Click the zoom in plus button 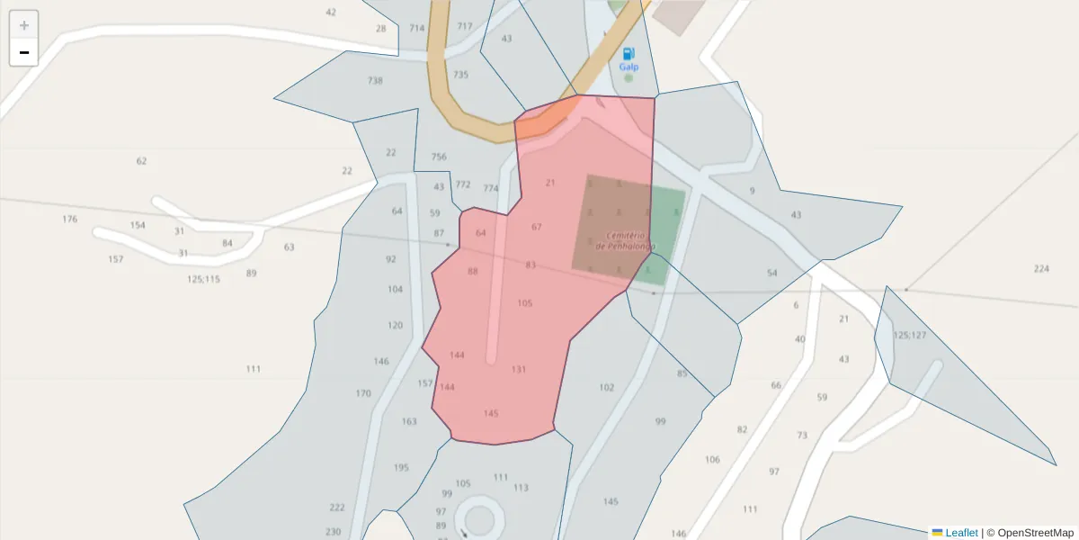pyautogui.click(x=24, y=25)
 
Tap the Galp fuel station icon pyautogui.click(x=629, y=54)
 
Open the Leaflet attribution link pyautogui.click(x=961, y=533)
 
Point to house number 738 pyautogui.click(x=375, y=81)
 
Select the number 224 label pyautogui.click(x=1041, y=269)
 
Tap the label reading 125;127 pyautogui.click(x=909, y=336)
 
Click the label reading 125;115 pyautogui.click(x=203, y=280)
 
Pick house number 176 pyautogui.click(x=70, y=220)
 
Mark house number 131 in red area pyautogui.click(x=519, y=370)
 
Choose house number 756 pyautogui.click(x=439, y=157)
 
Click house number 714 pyautogui.click(x=416, y=29)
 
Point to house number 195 pyautogui.click(x=401, y=468)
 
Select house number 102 pyautogui.click(x=607, y=388)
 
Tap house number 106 pyautogui.click(x=712, y=460)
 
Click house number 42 pyautogui.click(x=331, y=13)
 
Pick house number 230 pyautogui.click(x=334, y=532)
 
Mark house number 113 pyautogui.click(x=522, y=488)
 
